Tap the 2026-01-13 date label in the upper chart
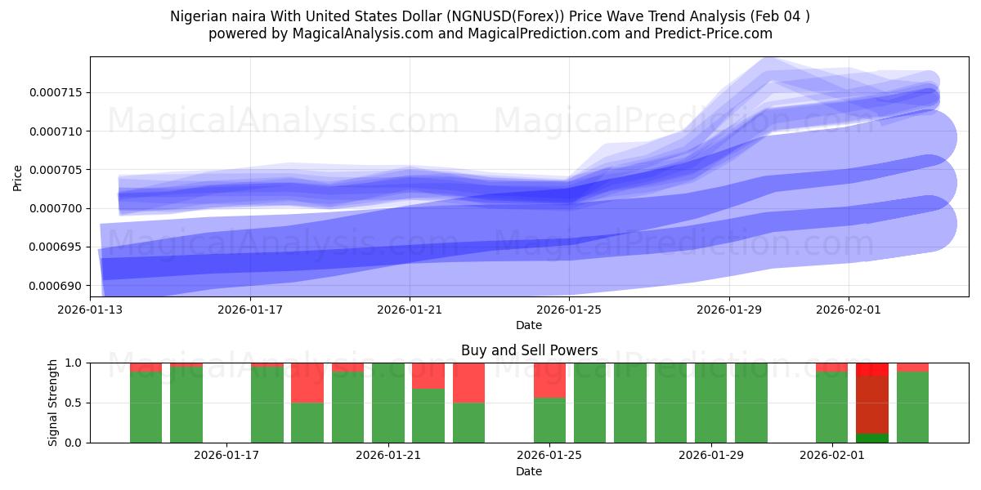(90, 310)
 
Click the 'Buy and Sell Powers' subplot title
(529, 350)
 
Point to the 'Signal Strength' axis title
(53, 403)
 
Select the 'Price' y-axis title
(18, 176)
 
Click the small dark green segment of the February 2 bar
(871, 438)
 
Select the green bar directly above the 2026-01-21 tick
(388, 403)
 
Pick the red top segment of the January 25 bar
(549, 380)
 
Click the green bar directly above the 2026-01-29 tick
(710, 403)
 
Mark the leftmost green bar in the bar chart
(146, 407)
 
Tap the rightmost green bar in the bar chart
(912, 407)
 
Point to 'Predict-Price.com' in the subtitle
(716, 33)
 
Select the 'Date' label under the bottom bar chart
(529, 471)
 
